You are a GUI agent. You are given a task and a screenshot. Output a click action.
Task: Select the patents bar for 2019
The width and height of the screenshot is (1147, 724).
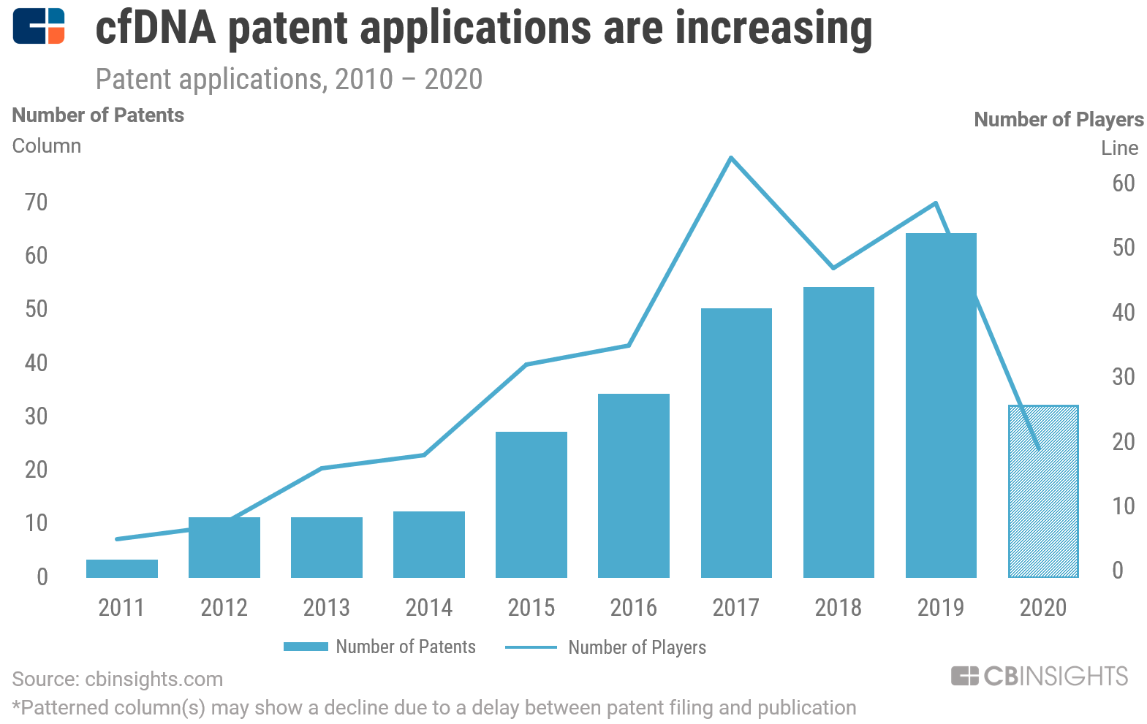(x=941, y=405)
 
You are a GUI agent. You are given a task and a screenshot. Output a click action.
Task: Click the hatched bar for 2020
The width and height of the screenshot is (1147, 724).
(x=1043, y=491)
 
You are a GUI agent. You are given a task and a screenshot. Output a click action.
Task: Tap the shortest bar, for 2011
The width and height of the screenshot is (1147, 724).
(x=122, y=568)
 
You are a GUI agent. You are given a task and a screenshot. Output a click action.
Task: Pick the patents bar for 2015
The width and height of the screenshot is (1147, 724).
(x=531, y=504)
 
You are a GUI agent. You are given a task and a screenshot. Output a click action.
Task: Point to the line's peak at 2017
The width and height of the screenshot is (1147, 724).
(x=731, y=158)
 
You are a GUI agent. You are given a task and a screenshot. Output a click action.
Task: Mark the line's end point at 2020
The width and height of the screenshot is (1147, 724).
(x=1038, y=449)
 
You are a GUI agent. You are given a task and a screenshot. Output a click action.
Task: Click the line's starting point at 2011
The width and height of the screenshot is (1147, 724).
(x=117, y=539)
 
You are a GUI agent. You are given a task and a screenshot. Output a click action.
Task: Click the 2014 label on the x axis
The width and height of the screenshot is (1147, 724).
(x=429, y=607)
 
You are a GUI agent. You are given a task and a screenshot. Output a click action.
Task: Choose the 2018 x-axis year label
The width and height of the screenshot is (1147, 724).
(x=839, y=607)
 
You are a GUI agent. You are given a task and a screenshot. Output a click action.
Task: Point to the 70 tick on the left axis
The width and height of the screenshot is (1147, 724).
(x=36, y=202)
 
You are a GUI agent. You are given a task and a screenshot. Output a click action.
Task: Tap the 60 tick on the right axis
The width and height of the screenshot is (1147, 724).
(x=1124, y=183)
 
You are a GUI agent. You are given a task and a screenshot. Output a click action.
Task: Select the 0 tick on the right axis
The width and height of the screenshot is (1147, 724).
(x=1118, y=571)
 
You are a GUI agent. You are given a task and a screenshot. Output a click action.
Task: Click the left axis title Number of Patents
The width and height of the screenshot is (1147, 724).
(x=98, y=115)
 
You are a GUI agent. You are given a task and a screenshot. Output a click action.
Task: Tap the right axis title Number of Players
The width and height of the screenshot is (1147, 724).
(x=1059, y=120)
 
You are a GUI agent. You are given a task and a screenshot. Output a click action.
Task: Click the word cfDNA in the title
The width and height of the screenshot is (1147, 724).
(x=155, y=28)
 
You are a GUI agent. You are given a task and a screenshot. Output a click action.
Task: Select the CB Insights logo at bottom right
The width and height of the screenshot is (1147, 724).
(x=1040, y=676)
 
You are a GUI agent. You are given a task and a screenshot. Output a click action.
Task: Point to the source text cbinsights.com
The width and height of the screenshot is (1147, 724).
(x=154, y=679)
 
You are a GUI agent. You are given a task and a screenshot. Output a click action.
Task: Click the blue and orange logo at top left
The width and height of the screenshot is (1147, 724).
(x=39, y=26)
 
